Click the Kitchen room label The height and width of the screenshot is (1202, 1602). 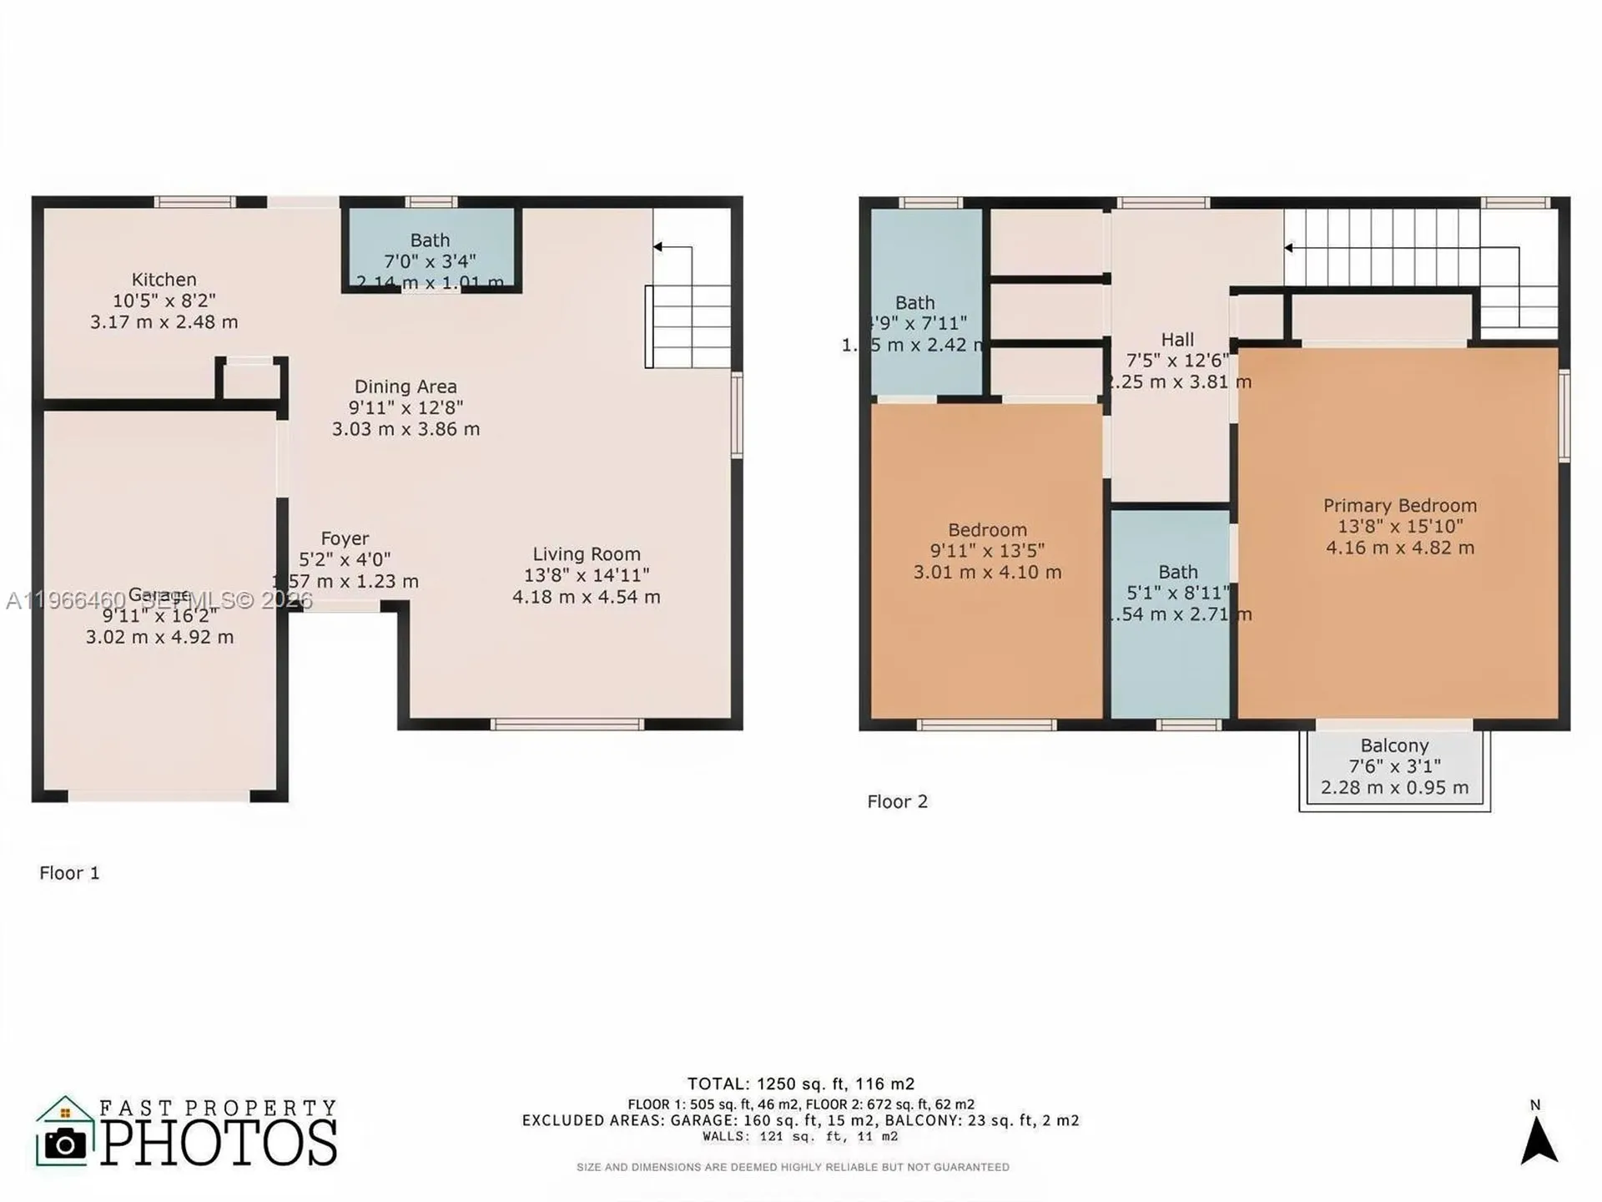(x=164, y=280)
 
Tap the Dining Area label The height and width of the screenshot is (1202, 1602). (x=406, y=386)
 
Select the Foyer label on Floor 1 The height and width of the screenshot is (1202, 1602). (x=345, y=538)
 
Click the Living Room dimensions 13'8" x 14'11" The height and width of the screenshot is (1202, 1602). (x=586, y=575)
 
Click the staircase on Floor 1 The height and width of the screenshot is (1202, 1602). (x=691, y=326)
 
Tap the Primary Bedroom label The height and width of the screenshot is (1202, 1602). (x=1399, y=505)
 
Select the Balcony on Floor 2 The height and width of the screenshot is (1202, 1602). (x=1394, y=766)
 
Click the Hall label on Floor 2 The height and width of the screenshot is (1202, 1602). (x=1177, y=340)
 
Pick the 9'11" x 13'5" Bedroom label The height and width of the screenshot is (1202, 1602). (x=987, y=550)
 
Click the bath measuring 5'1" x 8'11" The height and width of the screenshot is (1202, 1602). (x=1177, y=593)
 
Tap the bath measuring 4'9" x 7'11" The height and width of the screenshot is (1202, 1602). (x=915, y=322)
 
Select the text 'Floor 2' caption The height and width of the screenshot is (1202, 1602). (x=897, y=801)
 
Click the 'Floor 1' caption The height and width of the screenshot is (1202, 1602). (x=69, y=873)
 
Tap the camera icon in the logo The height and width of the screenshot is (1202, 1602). (x=64, y=1144)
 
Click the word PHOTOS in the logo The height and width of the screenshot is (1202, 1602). (x=219, y=1143)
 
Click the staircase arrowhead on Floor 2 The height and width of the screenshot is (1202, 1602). (x=1289, y=248)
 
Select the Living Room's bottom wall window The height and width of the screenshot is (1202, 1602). (x=567, y=724)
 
